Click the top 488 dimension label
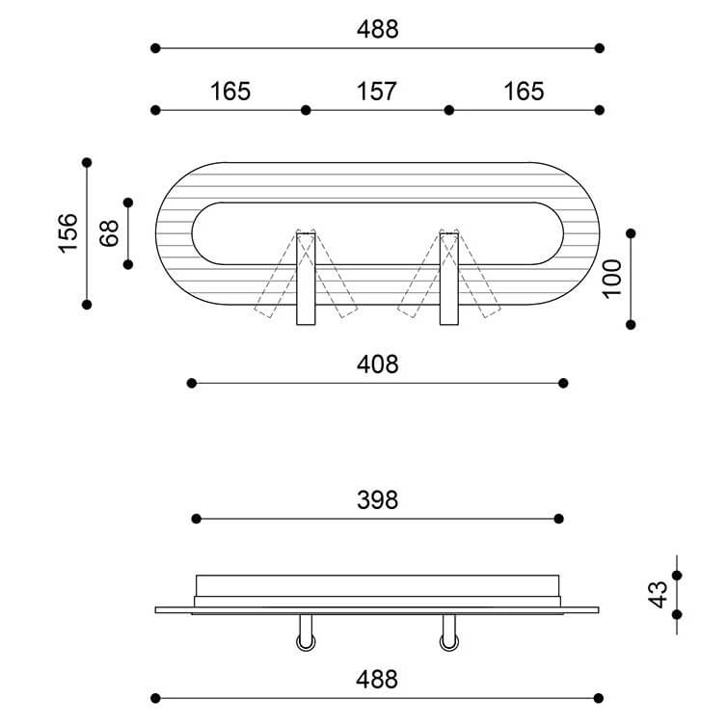coord(377,29)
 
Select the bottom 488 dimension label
coord(376,680)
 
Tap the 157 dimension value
coord(376,92)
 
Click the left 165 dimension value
coord(230,92)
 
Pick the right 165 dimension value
coord(524,92)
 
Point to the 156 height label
coord(67,233)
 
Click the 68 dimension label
coord(109,233)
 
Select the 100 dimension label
coord(611,279)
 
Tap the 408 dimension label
coord(377,364)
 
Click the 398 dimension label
coord(377,500)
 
